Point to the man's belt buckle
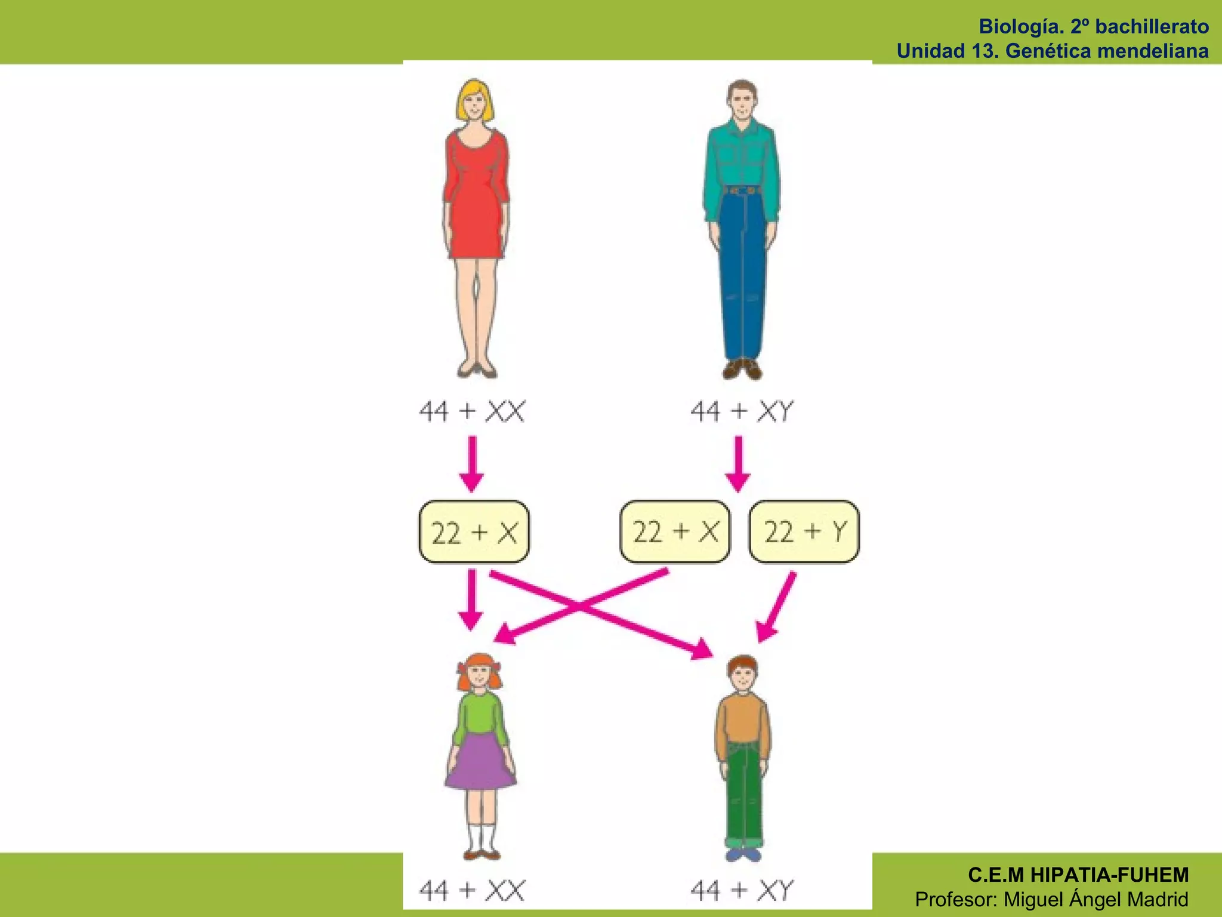click(x=742, y=190)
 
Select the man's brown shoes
click(x=742, y=368)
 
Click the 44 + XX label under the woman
click(x=472, y=411)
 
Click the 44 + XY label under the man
click(x=742, y=411)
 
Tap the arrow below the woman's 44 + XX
click(x=472, y=464)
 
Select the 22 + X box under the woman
click(x=474, y=532)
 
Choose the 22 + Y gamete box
click(x=804, y=532)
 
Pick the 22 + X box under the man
click(x=675, y=532)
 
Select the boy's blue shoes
click(x=744, y=855)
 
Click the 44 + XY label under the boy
click(x=742, y=890)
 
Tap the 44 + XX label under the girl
click(x=472, y=890)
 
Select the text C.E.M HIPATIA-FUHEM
click(x=1078, y=875)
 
